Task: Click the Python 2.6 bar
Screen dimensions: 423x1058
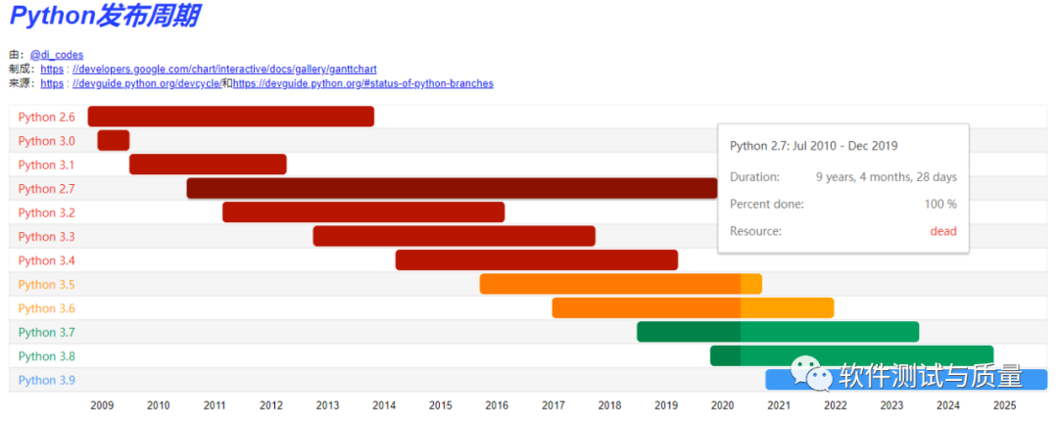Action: point(231,117)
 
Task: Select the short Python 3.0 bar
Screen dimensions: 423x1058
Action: point(114,140)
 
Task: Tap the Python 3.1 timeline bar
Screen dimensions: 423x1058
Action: point(208,164)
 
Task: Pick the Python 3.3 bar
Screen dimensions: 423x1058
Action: point(454,236)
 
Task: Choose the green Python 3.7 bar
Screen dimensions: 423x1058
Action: point(778,332)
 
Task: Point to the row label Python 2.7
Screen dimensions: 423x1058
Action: point(46,189)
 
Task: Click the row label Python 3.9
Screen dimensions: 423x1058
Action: point(46,380)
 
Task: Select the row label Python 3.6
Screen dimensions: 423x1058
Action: point(46,308)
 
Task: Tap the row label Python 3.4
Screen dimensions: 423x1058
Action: point(46,260)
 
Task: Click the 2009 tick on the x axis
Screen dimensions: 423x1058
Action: point(102,404)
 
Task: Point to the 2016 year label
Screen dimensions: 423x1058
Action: point(497,404)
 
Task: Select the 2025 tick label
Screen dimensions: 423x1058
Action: point(1004,404)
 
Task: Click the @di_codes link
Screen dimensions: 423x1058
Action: point(57,55)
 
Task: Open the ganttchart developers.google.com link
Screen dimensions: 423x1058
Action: point(224,69)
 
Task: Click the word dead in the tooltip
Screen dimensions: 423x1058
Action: point(942,231)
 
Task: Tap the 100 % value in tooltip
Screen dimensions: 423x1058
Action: point(940,204)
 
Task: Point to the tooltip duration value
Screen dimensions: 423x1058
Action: point(886,177)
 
